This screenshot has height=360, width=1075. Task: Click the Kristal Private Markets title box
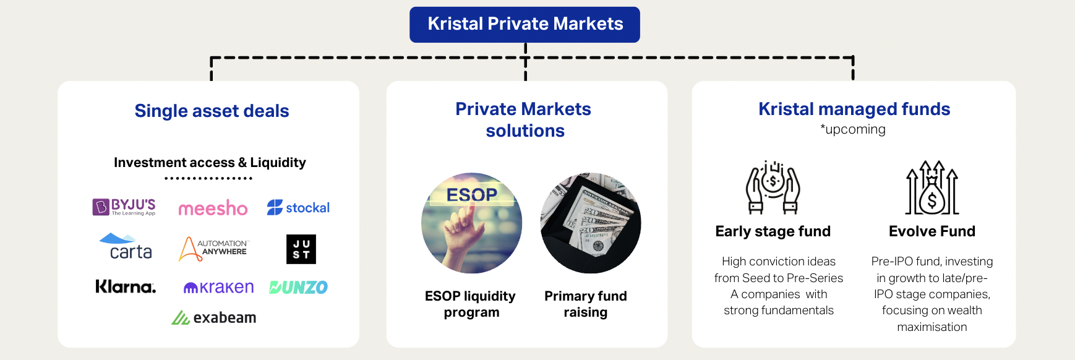tap(525, 25)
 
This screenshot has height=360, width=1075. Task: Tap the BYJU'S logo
tap(124, 207)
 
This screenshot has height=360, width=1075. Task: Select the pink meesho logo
tap(213, 208)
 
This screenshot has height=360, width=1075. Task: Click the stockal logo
tap(298, 208)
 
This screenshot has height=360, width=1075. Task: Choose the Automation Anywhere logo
tap(213, 249)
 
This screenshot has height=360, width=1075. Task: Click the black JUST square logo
tap(301, 249)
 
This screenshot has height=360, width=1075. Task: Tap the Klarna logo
tap(126, 286)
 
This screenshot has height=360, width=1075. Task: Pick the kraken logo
tap(218, 287)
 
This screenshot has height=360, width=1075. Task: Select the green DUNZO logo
tap(299, 287)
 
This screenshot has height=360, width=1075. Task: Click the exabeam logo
tap(214, 317)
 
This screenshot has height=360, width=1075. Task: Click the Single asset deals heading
tap(212, 111)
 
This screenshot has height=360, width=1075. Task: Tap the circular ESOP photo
tap(471, 223)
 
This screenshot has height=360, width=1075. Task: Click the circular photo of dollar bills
tap(591, 223)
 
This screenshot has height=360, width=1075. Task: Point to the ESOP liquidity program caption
tap(471, 304)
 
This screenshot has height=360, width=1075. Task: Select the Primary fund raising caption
tap(586, 304)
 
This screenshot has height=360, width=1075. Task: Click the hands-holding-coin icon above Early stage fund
tap(773, 187)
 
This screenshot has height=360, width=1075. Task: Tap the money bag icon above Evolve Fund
tap(932, 187)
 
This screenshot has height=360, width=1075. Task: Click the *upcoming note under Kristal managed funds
tap(853, 129)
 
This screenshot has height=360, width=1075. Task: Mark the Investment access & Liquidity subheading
tap(210, 163)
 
